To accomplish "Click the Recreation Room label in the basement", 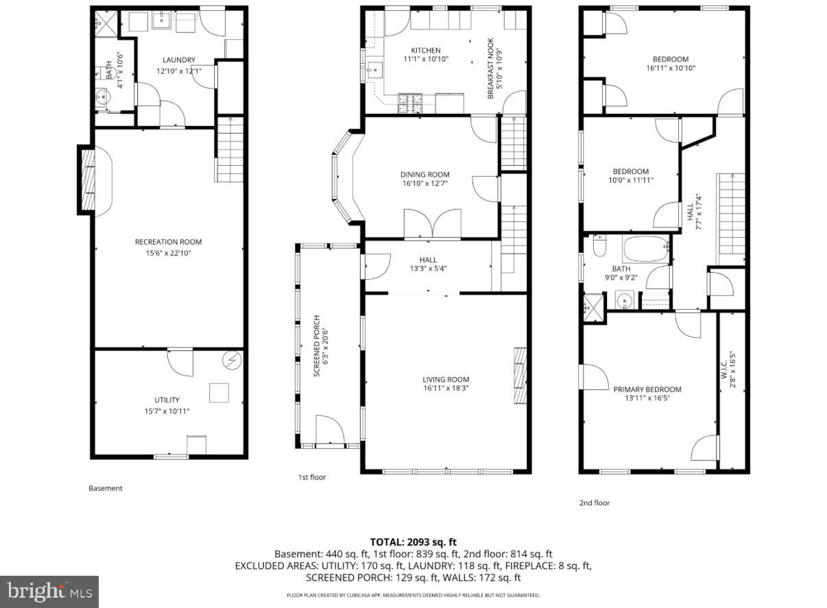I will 168,242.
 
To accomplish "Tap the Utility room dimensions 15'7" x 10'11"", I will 167,411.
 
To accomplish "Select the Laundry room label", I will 178,60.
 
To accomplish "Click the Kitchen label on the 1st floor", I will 425,50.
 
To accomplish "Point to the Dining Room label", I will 425,175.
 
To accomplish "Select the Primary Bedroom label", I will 647,389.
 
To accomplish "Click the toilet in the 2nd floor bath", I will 599,245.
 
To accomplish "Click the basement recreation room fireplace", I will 86,180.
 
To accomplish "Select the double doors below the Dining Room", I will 432,224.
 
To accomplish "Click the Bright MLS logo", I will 49,590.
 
